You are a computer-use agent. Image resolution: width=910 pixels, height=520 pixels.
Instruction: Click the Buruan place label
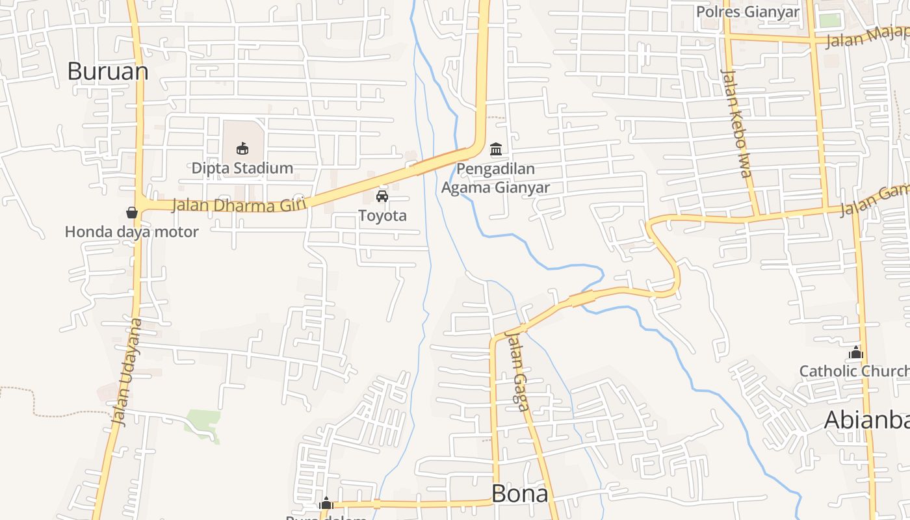pyautogui.click(x=108, y=71)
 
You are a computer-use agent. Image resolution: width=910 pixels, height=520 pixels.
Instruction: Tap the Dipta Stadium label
pyautogui.click(x=242, y=168)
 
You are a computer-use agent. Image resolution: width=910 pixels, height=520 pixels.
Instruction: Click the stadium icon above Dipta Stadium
pyautogui.click(x=242, y=148)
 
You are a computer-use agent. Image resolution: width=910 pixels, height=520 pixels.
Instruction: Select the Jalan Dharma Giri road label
pyautogui.click(x=239, y=205)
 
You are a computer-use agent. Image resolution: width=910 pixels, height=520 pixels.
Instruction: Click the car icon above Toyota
pyautogui.click(x=382, y=196)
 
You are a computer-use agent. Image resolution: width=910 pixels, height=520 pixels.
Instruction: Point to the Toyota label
pyautogui.click(x=382, y=216)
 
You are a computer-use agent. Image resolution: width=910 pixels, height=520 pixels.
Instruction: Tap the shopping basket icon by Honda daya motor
pyautogui.click(x=132, y=213)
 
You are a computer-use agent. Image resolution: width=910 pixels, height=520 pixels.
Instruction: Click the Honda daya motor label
pyautogui.click(x=132, y=231)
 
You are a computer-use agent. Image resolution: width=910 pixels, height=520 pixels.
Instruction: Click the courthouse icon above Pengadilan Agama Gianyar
pyautogui.click(x=496, y=149)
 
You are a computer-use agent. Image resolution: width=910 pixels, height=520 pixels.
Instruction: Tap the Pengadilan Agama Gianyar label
pyautogui.click(x=495, y=179)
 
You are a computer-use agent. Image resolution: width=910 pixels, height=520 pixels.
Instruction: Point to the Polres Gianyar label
pyautogui.click(x=747, y=12)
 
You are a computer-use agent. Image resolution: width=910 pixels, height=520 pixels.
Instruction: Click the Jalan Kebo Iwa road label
pyautogui.click(x=736, y=123)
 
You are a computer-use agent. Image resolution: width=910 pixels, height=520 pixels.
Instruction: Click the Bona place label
pyautogui.click(x=519, y=494)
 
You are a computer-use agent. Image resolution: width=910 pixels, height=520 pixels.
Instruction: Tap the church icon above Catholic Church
pyautogui.click(x=856, y=352)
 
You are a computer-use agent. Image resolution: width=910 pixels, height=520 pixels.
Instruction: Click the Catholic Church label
pyautogui.click(x=853, y=371)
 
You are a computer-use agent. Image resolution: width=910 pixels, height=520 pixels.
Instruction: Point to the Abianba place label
pyautogui.click(x=866, y=420)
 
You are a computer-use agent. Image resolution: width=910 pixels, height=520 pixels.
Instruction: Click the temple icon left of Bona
pyautogui.click(x=326, y=503)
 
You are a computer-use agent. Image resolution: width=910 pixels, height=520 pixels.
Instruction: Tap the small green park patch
pyautogui.click(x=203, y=422)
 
